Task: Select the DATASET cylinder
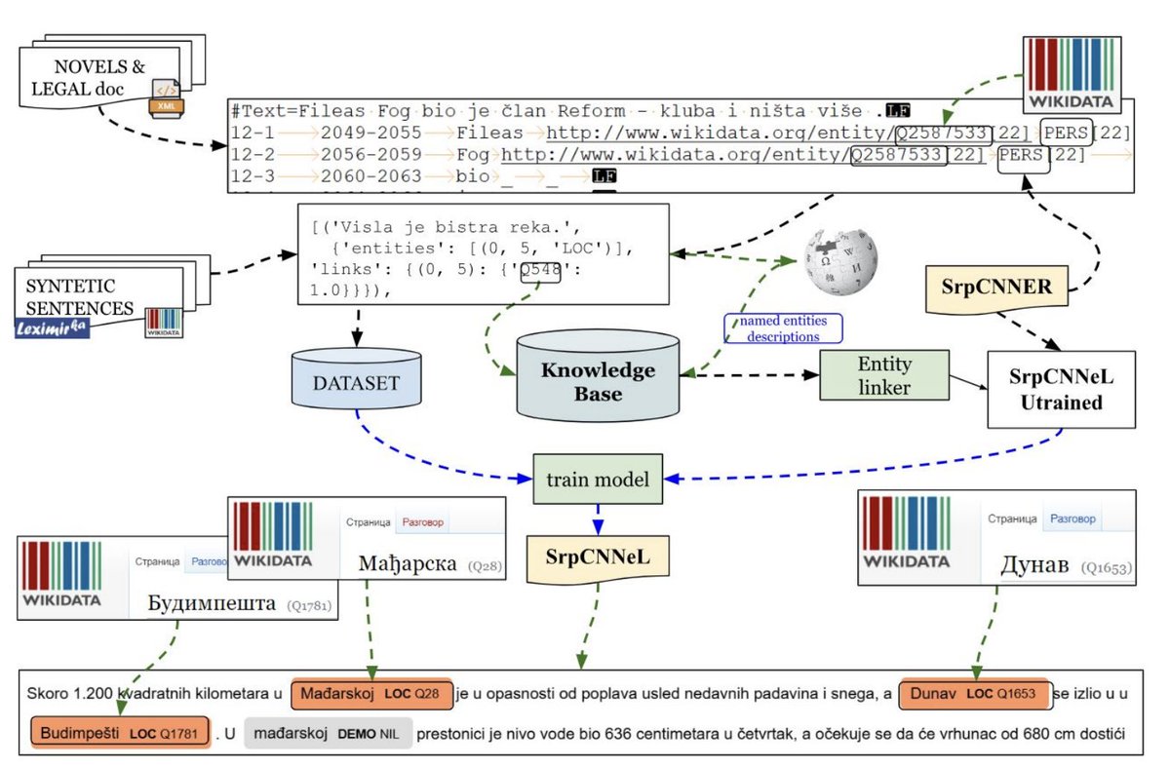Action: (356, 384)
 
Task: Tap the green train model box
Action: (598, 479)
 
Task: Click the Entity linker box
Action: (883, 376)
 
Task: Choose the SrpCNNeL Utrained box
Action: (1061, 388)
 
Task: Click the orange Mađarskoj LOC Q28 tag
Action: (371, 694)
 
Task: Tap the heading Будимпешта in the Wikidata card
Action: (212, 604)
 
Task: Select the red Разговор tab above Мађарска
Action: (422, 522)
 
